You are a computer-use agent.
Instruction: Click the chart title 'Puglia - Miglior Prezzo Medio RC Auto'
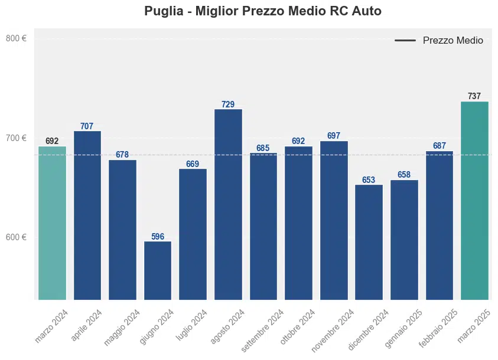click(x=263, y=11)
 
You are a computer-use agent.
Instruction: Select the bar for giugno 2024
click(x=158, y=270)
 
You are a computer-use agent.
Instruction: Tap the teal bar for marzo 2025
click(x=474, y=201)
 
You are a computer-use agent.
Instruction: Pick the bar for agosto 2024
click(x=228, y=204)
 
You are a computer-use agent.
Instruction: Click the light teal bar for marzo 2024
click(x=52, y=222)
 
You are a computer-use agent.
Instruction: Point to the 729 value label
click(x=228, y=104)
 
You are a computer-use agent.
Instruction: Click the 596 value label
click(x=158, y=237)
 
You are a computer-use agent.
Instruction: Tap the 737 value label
click(x=474, y=96)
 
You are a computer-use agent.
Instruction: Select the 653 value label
click(x=369, y=180)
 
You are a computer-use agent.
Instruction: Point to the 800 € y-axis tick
click(x=17, y=39)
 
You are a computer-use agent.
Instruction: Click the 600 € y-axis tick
click(x=17, y=237)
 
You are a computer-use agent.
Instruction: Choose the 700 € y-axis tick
click(x=17, y=138)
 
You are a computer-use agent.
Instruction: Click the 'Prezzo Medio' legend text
click(x=453, y=41)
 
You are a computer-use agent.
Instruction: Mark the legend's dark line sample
click(x=405, y=41)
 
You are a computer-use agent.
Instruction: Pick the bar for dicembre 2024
click(x=369, y=242)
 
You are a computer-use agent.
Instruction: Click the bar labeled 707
click(x=87, y=215)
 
